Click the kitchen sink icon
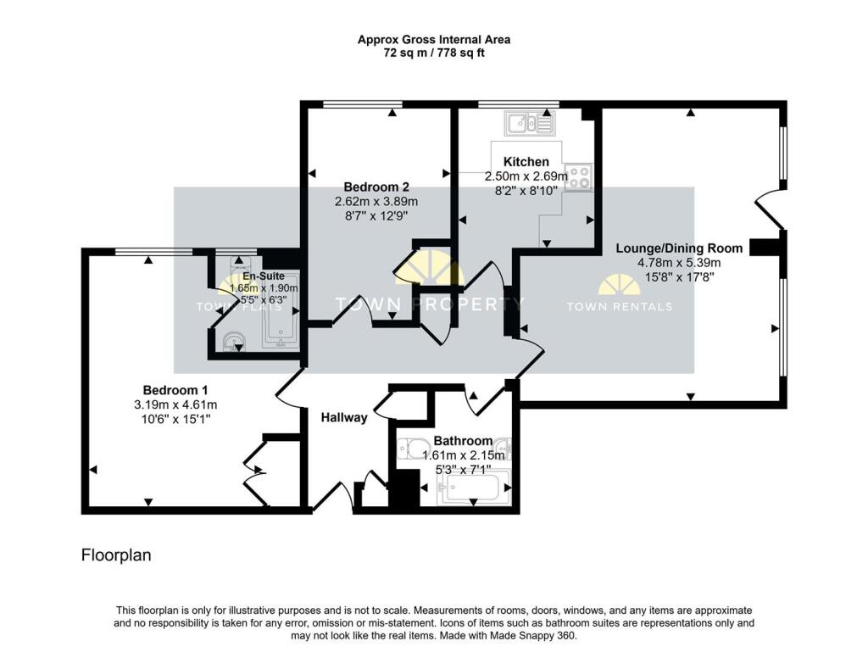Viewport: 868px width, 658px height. click(529, 124)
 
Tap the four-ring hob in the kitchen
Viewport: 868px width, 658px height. click(580, 177)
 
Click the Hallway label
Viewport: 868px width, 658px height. click(343, 417)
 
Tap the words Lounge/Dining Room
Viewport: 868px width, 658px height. click(679, 248)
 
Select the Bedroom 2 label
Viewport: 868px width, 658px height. click(376, 187)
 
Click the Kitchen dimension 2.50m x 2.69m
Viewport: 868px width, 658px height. click(526, 176)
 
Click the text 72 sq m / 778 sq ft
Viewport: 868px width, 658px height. click(433, 53)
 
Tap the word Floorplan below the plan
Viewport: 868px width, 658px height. click(115, 555)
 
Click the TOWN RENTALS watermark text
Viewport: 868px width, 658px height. click(619, 307)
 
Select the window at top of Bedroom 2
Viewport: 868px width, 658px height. click(362, 105)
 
